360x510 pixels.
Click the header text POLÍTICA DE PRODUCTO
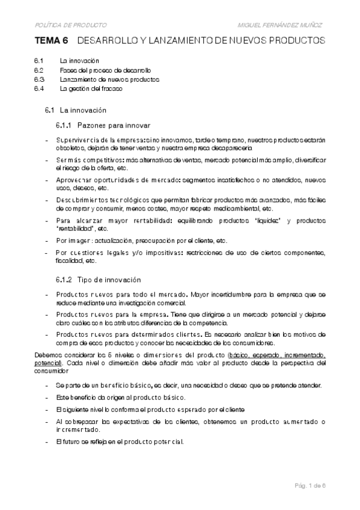click(x=71, y=25)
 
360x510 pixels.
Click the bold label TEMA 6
click(x=51, y=41)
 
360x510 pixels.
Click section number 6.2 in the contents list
click(x=39, y=70)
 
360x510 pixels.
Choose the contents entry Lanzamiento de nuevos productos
click(x=109, y=79)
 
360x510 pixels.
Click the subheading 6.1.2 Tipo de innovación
click(x=98, y=280)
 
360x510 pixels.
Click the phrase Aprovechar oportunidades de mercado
click(x=113, y=180)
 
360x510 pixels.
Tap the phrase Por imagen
click(x=71, y=241)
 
